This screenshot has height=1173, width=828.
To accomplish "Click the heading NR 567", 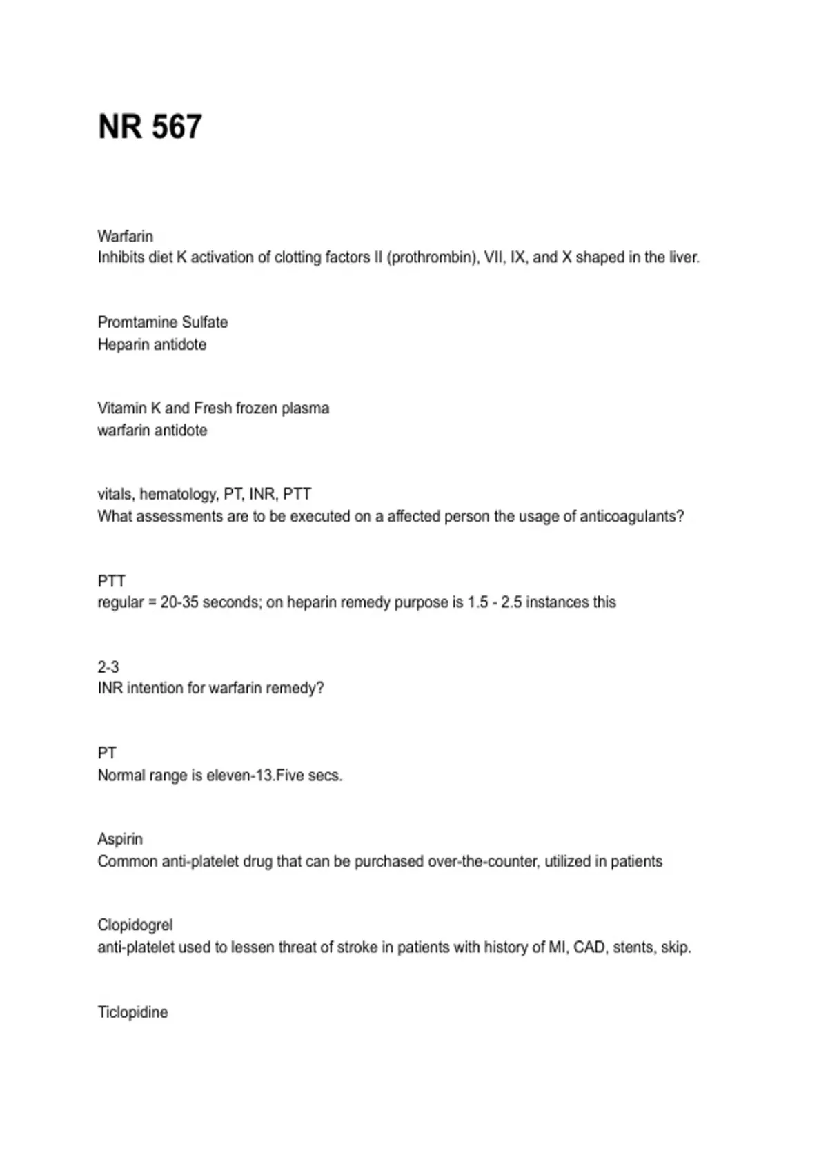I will pos(150,127).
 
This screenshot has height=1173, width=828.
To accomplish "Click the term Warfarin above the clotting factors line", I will pos(125,236).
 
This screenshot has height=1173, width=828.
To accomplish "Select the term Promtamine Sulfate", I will pos(162,322).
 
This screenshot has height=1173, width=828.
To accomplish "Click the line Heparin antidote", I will pos(152,344).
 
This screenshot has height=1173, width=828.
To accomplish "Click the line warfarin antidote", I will pos(152,431).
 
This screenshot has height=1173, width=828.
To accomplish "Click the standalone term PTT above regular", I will pos(111,581).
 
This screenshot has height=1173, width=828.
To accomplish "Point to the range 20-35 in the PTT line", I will pos(179,602).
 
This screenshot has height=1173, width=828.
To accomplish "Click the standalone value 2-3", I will pos(108,667).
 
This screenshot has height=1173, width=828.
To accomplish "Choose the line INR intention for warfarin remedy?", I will pos(210,688).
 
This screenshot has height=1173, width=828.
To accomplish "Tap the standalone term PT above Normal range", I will pos(107,753).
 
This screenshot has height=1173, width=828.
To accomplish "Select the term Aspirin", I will pos(120,839).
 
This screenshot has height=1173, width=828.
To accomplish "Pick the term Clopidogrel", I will pos(135,925).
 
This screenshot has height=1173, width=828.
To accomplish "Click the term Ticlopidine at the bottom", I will pos(132,1012).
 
